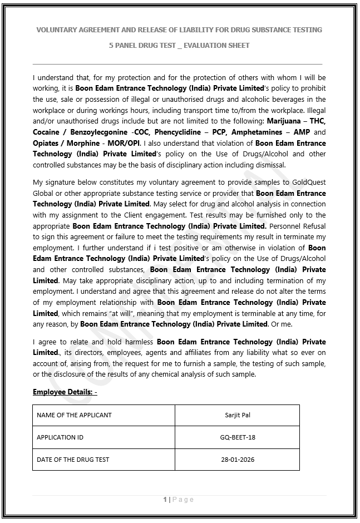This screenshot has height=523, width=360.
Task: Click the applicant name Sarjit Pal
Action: tap(238, 415)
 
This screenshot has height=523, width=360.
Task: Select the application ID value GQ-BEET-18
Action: tap(238, 437)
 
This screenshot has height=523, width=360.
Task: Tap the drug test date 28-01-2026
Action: tap(238, 460)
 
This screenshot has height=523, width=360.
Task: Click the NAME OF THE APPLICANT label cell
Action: tap(74, 415)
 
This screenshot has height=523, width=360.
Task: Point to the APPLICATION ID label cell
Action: tap(60, 437)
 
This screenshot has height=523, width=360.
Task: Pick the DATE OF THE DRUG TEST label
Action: tap(73, 460)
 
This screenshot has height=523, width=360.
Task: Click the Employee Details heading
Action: tap(65, 392)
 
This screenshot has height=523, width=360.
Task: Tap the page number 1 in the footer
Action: tap(165, 500)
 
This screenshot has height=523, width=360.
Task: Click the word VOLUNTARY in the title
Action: tap(59, 29)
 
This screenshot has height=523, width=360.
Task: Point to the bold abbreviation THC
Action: tap(317, 121)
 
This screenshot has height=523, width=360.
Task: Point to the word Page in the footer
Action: tap(183, 500)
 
